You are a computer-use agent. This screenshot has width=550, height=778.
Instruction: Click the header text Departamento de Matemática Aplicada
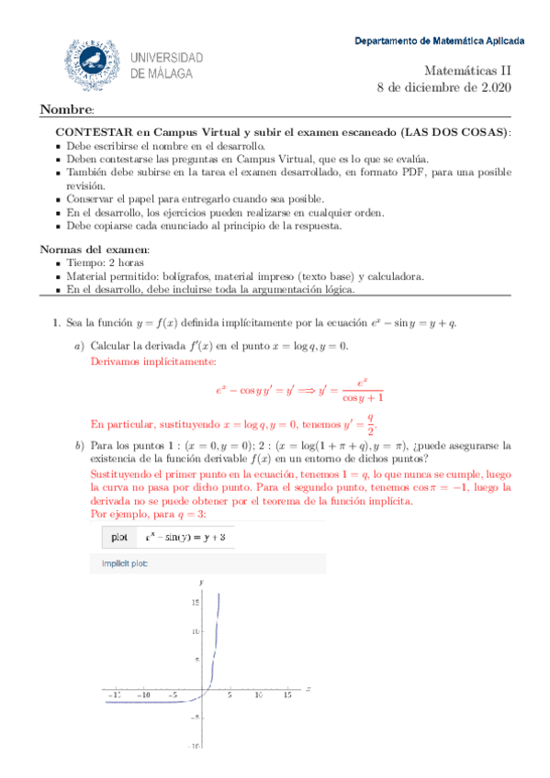tap(440, 41)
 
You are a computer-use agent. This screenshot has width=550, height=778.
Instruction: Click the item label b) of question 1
tap(79, 446)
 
